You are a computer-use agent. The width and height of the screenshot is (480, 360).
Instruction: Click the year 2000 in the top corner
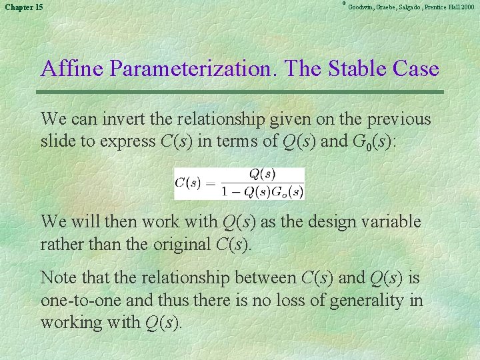(467, 7)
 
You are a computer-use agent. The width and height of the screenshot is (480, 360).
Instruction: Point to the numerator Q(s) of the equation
(262, 175)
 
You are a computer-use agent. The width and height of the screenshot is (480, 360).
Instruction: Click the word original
(173, 244)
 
